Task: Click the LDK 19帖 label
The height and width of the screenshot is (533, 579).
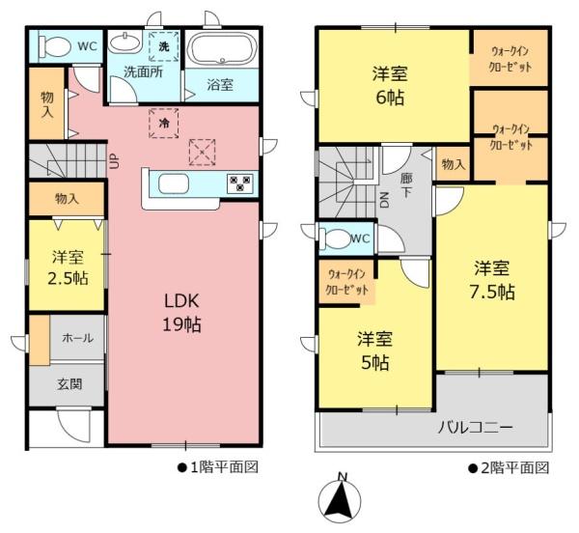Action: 181,312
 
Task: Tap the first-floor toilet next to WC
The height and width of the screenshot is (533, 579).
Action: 57,45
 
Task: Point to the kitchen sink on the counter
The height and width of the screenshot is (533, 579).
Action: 174,183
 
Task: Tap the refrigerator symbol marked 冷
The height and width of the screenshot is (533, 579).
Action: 163,124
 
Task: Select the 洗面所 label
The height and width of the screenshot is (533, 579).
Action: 142,72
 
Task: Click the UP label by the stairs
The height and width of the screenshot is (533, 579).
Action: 115,159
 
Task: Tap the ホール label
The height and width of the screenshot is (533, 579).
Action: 77,338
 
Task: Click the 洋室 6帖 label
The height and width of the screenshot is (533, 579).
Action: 393,85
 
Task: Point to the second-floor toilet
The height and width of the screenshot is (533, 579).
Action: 335,238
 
